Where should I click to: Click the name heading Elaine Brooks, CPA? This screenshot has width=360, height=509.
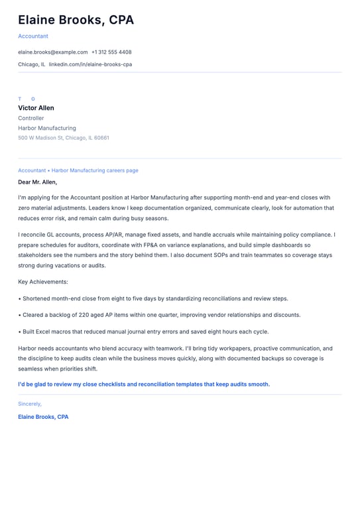pyautogui.click(x=76, y=20)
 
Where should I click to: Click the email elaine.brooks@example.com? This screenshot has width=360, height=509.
pyautogui.click(x=53, y=52)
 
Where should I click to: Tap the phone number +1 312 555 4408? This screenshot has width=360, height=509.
pyautogui.click(x=111, y=52)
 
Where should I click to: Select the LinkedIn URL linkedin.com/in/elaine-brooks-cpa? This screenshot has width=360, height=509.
pyautogui.click(x=90, y=64)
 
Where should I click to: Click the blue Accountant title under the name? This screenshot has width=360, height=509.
pyautogui.click(x=33, y=36)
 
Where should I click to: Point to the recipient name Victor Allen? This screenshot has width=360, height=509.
pyautogui.click(x=36, y=108)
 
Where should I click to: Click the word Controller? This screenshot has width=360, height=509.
pyautogui.click(x=31, y=118)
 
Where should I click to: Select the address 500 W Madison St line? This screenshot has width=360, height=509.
pyautogui.click(x=64, y=138)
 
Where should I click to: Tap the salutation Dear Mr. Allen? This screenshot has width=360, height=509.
pyautogui.click(x=38, y=182)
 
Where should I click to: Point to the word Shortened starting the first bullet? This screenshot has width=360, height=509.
pyautogui.click(x=38, y=298)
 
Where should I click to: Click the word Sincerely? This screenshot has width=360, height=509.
pyautogui.click(x=30, y=404)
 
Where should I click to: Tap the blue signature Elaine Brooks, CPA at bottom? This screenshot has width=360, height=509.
pyautogui.click(x=43, y=417)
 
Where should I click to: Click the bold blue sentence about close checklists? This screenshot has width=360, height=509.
pyautogui.click(x=144, y=384)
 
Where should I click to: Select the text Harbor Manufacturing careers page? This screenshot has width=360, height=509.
pyautogui.click(x=95, y=170)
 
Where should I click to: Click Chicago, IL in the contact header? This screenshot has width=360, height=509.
pyautogui.click(x=32, y=64)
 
